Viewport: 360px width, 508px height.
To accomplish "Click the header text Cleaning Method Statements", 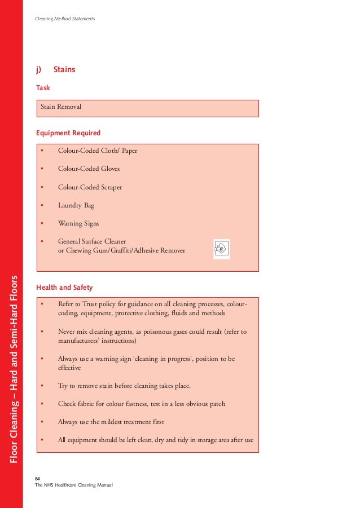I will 65,19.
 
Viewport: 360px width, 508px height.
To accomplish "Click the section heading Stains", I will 64,70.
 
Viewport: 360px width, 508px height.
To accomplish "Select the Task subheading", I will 43,88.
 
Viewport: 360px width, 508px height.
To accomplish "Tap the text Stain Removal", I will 61,107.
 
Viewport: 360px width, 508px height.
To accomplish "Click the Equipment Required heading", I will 68,133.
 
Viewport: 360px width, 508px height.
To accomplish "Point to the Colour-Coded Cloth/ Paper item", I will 98,151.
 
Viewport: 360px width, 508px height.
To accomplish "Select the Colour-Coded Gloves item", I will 89,169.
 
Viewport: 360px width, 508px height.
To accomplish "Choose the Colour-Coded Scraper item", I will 90,187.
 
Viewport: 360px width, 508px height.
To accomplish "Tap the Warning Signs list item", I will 78,223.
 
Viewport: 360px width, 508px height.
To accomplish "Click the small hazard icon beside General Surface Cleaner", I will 221,249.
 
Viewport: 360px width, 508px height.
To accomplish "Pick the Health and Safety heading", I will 64,288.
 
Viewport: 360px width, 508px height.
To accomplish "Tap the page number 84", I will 38,478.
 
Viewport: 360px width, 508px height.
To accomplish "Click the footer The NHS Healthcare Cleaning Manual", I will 74,485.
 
